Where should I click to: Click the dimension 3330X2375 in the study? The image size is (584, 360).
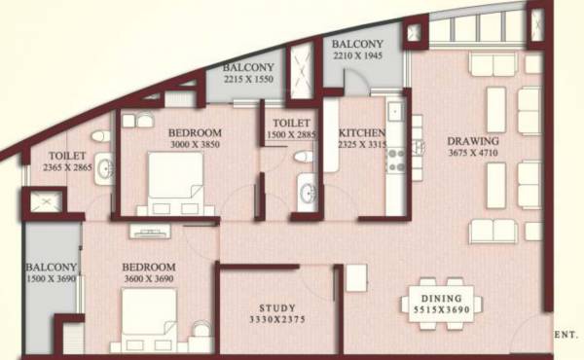click(x=276, y=318)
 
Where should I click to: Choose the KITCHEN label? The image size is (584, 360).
click(x=361, y=133)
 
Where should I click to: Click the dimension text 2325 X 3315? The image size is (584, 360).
click(x=361, y=146)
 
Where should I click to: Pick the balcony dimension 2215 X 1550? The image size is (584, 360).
click(x=248, y=81)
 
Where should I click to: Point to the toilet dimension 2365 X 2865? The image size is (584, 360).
click(x=67, y=167)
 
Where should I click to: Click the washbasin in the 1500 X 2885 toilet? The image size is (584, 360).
click(x=309, y=189)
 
